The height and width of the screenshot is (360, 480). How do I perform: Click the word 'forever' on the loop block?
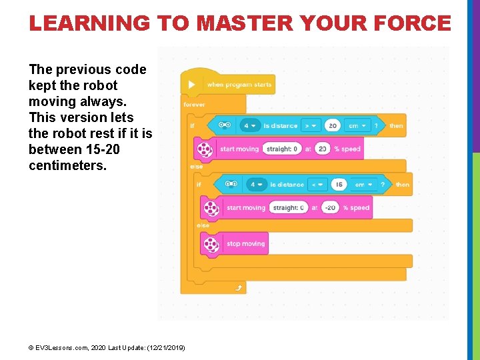(x=194, y=105)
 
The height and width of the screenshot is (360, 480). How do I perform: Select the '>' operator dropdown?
(x=311, y=125)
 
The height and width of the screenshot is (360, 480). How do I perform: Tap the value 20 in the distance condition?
(x=332, y=125)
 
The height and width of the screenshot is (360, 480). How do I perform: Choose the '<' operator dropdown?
(x=317, y=184)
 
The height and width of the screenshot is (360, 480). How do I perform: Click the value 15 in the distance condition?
(x=339, y=184)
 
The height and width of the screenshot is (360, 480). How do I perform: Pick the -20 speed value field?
(x=329, y=207)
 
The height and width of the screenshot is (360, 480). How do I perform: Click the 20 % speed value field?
(x=323, y=149)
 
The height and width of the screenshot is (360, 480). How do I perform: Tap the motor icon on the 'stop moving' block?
(x=211, y=244)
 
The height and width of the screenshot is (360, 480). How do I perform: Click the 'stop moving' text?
(x=245, y=244)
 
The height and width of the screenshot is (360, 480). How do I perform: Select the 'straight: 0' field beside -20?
(x=289, y=207)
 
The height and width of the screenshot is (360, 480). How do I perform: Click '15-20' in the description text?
(x=103, y=149)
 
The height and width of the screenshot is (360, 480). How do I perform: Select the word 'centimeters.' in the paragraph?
(x=67, y=165)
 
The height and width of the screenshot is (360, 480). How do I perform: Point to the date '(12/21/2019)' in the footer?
(x=165, y=348)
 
